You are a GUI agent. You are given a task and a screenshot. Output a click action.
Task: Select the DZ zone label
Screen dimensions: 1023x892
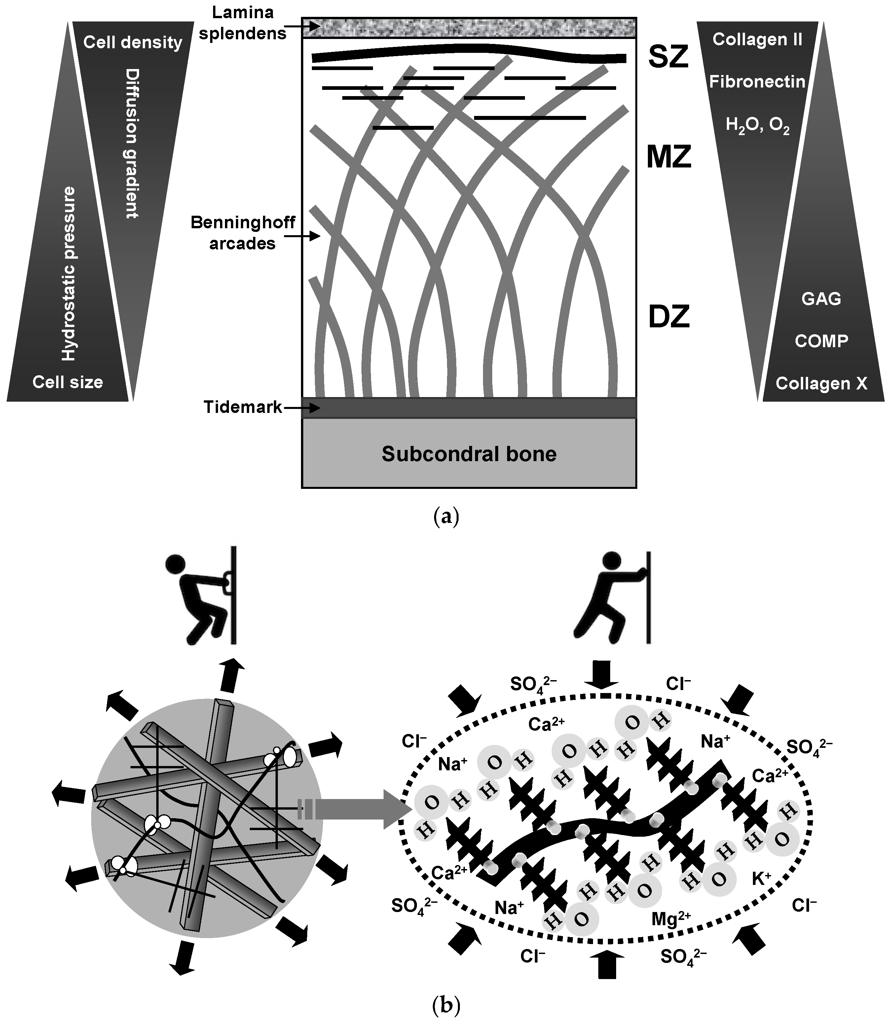pos(668,317)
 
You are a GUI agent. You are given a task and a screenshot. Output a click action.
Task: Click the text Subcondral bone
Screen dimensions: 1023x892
pos(469,454)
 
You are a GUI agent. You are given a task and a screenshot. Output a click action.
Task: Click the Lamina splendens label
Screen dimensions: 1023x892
pos(242,22)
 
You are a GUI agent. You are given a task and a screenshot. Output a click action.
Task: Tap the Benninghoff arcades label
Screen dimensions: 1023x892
pos(242,232)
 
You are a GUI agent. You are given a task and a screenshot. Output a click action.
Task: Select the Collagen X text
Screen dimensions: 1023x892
pos(821,383)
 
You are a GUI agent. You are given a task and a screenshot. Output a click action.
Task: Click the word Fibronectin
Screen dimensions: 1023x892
pos(757,81)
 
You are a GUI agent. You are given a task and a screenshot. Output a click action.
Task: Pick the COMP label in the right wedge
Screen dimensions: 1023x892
pos(821,341)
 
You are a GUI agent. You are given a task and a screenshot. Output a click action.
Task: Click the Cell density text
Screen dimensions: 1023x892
pos(132,42)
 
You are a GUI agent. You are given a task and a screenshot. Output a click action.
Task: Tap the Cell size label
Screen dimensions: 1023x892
pos(68,382)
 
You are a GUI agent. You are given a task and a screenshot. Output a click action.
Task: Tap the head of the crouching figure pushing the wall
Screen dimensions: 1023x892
pos(175,564)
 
